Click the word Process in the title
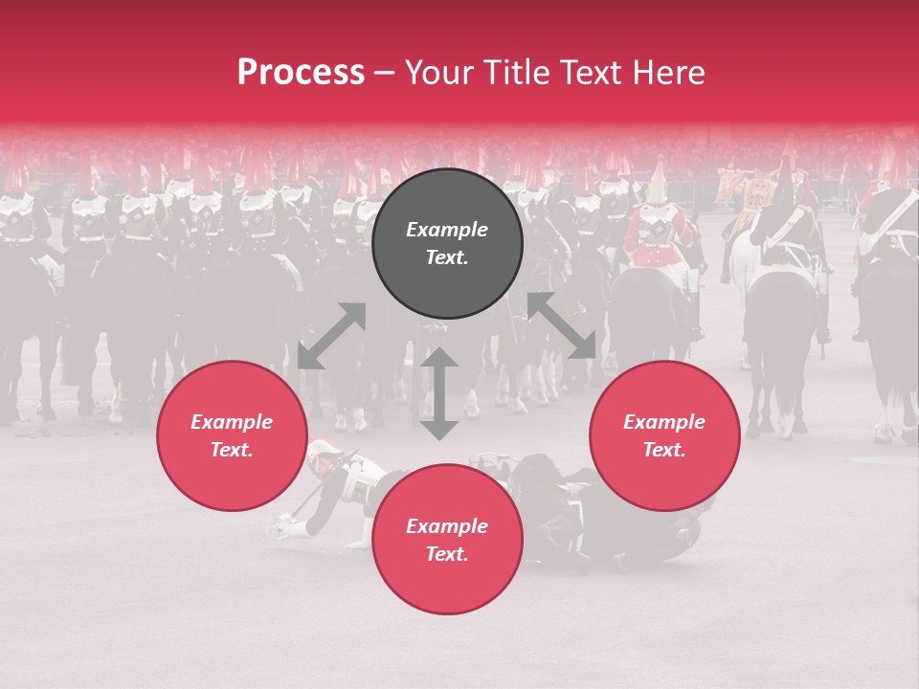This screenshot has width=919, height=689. [301, 73]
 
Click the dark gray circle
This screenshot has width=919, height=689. [447, 244]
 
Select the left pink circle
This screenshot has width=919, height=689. [232, 436]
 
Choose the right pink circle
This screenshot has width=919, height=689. [664, 436]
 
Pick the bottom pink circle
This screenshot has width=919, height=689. [447, 539]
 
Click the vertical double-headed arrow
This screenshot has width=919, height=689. [439, 393]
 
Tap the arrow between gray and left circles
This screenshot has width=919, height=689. [332, 335]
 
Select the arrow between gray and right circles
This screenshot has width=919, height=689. [561, 325]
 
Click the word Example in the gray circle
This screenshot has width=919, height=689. [447, 230]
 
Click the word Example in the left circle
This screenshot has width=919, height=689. [232, 422]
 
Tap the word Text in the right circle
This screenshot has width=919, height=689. [664, 450]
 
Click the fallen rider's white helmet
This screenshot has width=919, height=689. [324, 449]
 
